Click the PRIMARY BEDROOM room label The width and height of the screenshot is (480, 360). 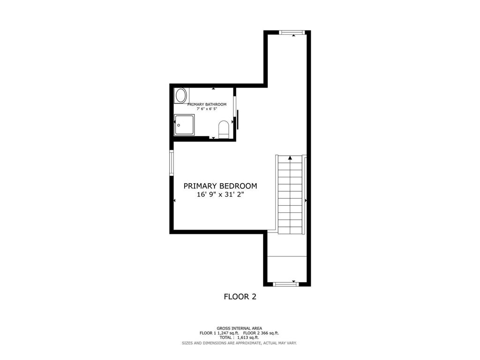220,186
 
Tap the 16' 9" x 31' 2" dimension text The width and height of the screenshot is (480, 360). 220,195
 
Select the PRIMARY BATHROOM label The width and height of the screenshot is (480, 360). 207,105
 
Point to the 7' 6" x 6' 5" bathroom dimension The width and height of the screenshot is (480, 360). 207,109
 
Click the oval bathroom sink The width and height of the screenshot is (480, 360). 181,96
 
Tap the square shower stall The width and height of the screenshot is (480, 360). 184,125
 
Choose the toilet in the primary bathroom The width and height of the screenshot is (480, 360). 224,129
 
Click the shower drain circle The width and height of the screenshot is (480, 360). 179,125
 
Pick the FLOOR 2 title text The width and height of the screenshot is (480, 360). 240,296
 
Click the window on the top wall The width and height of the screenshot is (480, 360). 292,32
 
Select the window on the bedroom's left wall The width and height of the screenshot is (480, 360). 172,163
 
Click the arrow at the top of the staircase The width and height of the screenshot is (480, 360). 290,158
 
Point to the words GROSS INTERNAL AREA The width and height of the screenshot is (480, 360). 240,329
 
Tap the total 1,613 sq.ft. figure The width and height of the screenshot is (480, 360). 248,337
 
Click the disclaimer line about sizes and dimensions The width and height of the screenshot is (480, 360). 240,343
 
